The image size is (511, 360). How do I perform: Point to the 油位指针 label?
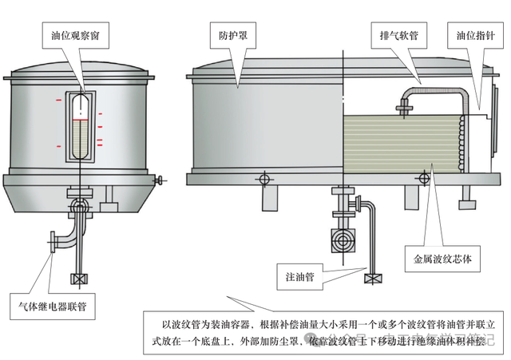pos(476,36)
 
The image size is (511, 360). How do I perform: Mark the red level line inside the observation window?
pos(80,119)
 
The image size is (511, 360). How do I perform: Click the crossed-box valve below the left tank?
pos(78,279)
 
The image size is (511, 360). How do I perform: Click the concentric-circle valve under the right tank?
pos(341,240)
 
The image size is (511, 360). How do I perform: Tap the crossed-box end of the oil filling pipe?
pos(371,279)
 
